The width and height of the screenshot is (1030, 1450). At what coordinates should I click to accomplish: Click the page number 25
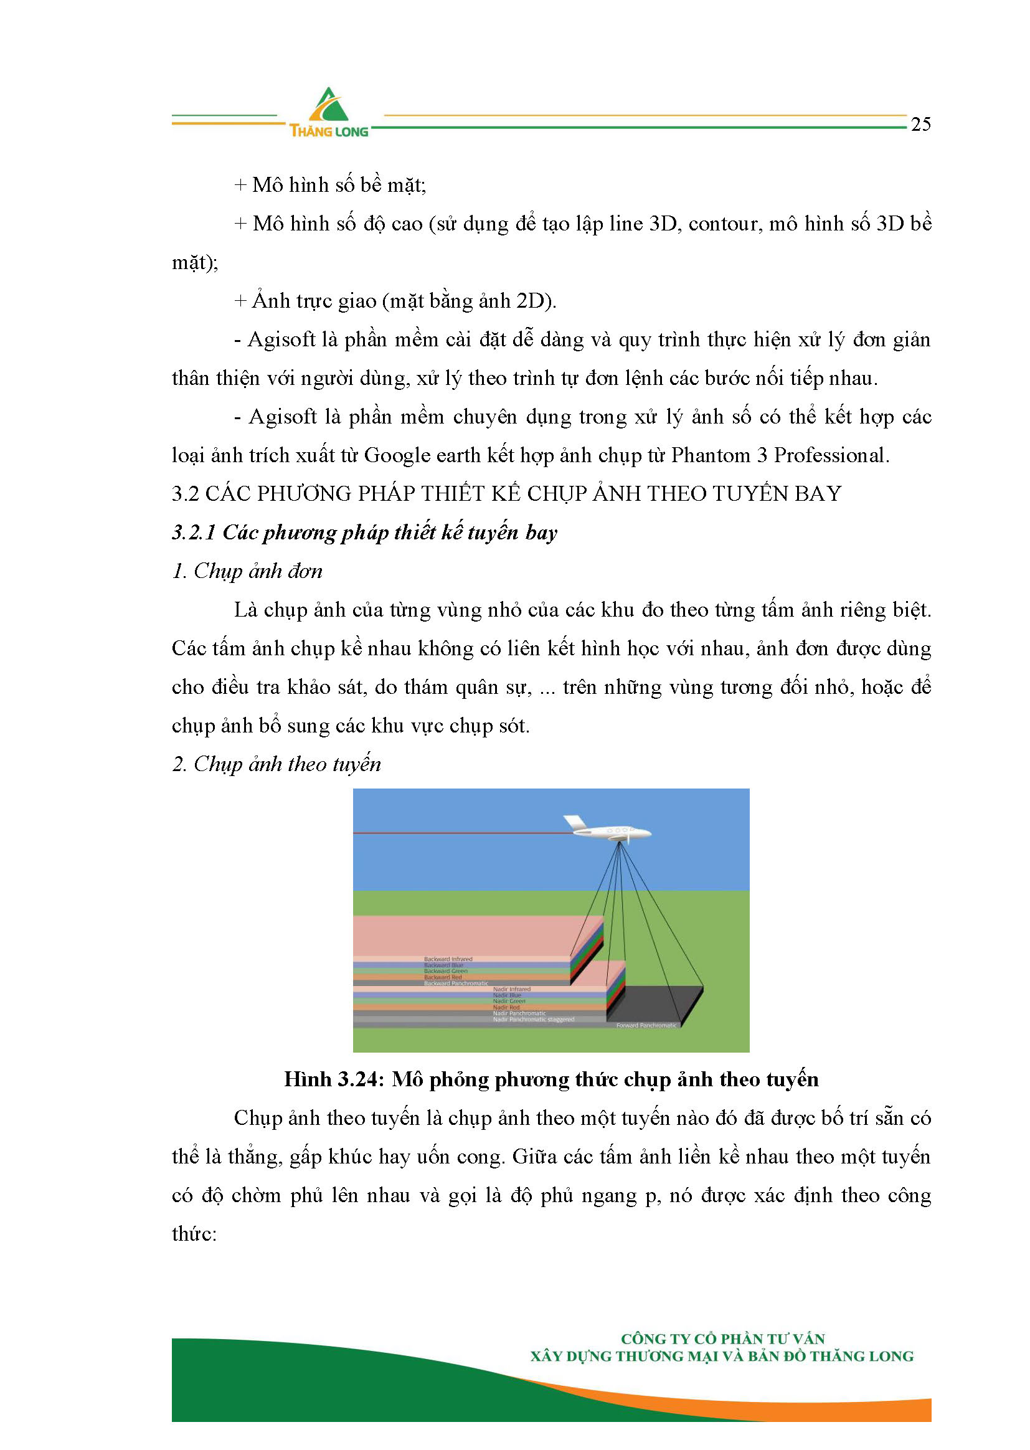coord(920,125)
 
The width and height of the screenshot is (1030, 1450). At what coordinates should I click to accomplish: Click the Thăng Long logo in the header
coord(329,113)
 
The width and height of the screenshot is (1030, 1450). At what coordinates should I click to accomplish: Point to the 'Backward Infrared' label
coord(448,959)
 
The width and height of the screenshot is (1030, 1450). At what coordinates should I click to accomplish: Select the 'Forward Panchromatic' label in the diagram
coord(646,1025)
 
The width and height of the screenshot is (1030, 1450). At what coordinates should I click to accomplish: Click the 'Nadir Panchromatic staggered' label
coord(534,1020)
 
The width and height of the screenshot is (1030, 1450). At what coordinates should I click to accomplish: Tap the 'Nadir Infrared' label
coord(511,989)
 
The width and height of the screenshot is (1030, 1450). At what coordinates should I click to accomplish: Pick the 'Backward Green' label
coord(445,971)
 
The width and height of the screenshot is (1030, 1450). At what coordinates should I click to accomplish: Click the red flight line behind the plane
coord(456,833)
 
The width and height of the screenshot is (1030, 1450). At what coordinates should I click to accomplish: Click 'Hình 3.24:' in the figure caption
coord(334,1079)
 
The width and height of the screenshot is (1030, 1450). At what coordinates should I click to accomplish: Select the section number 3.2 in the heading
coord(185,493)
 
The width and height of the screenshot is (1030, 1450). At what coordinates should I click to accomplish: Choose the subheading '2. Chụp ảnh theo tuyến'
coord(276,764)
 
